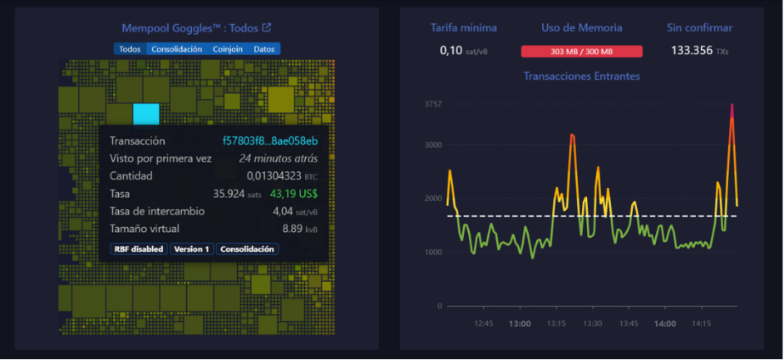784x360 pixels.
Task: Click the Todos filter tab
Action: pyautogui.click(x=130, y=49)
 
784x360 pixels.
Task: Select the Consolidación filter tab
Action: pyautogui.click(x=176, y=49)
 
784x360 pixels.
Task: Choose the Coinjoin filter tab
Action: pyautogui.click(x=228, y=49)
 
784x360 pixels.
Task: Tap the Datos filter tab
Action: pyautogui.click(x=264, y=49)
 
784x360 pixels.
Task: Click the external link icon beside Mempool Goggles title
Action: pyautogui.click(x=266, y=27)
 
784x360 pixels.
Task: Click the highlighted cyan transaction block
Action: pyautogui.click(x=145, y=114)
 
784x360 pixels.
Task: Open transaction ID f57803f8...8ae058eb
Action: pyautogui.click(x=270, y=141)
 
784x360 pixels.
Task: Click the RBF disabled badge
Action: pyautogui.click(x=137, y=249)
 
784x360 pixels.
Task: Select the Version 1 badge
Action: pyautogui.click(x=192, y=249)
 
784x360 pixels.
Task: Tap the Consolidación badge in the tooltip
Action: pyautogui.click(x=249, y=249)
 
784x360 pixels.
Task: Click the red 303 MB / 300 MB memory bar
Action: pyautogui.click(x=581, y=52)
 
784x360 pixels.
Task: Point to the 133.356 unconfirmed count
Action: pyautogui.click(x=692, y=51)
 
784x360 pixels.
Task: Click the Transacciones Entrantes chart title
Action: pyautogui.click(x=581, y=76)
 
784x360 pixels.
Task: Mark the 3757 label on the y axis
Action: pyautogui.click(x=433, y=105)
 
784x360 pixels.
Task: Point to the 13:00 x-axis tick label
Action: pyautogui.click(x=520, y=323)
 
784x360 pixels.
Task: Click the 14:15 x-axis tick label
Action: pyautogui.click(x=701, y=323)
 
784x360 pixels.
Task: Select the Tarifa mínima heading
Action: pyautogui.click(x=463, y=28)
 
